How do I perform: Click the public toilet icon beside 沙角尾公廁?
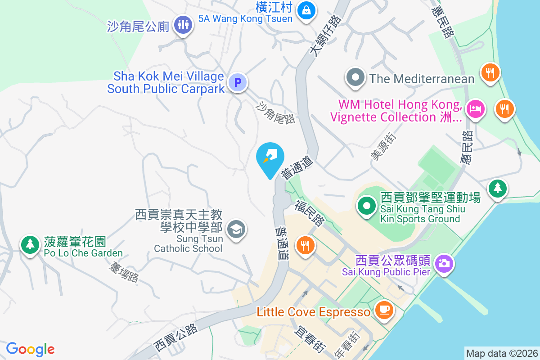click(183, 25)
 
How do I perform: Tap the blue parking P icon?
click(238, 82)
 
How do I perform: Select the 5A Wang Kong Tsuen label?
click(246, 19)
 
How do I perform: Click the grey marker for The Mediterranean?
click(355, 78)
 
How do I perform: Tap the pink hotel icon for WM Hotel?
click(475, 109)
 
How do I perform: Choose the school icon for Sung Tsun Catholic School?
click(236, 229)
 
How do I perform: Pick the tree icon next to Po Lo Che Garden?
click(30, 244)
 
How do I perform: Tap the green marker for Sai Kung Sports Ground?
click(366, 206)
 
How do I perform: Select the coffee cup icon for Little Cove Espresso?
click(383, 310)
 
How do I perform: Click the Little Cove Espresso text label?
click(314, 312)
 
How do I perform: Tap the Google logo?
click(30, 349)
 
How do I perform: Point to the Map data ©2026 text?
click(501, 353)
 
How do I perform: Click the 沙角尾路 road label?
click(275, 112)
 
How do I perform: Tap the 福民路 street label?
click(310, 213)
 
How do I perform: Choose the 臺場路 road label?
click(123, 272)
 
